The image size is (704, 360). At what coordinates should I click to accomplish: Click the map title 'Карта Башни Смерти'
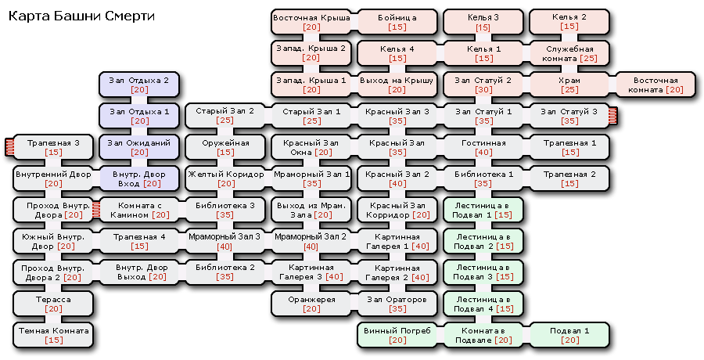(81, 16)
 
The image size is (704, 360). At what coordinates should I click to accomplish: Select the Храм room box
(569, 85)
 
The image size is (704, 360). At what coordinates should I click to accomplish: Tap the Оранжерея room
(311, 304)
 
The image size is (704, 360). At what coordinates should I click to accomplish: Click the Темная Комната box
(53, 335)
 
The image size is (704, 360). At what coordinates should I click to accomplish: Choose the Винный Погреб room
(397, 335)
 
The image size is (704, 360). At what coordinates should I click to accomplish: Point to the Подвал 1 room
(569, 335)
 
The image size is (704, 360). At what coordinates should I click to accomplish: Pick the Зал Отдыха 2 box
(139, 85)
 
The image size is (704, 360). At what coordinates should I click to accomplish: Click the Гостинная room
(483, 147)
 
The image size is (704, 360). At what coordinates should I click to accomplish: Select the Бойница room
(397, 22)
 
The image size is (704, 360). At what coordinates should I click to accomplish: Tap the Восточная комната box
(656, 85)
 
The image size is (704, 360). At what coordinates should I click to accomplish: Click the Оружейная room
(225, 147)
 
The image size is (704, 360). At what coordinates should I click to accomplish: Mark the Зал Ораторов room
(397, 304)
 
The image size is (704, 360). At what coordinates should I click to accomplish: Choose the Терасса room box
(53, 304)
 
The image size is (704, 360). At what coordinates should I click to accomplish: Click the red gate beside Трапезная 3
(9, 146)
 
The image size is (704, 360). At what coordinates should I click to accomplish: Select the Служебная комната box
(569, 53)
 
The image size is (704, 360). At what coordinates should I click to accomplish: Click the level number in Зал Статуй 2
(483, 90)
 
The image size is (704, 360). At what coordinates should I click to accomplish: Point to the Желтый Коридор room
(225, 178)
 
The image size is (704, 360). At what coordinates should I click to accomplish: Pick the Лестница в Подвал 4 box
(483, 304)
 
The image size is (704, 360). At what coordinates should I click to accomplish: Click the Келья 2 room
(569, 22)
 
